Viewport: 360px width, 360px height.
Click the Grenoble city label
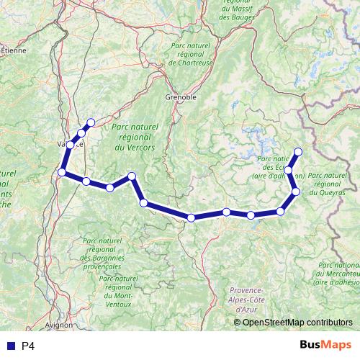pyautogui.click(x=181, y=96)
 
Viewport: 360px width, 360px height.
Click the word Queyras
pyautogui.click(x=330, y=192)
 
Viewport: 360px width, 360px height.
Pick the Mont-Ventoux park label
pyautogui.click(x=118, y=304)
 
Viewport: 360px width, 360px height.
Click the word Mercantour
pyautogui.click(x=338, y=274)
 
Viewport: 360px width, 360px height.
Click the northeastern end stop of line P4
pyautogui.click(x=297, y=151)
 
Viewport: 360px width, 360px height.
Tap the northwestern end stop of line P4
pyautogui.click(x=91, y=122)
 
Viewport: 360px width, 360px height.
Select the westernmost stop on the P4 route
pyautogui.click(x=62, y=172)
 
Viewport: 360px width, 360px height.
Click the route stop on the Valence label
pyautogui.click(x=70, y=143)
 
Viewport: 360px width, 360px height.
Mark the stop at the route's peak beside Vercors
pyautogui.click(x=132, y=176)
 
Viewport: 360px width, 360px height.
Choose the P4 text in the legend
pyautogui.click(x=29, y=346)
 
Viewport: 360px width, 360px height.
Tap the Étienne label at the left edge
pyautogui.click(x=13, y=51)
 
